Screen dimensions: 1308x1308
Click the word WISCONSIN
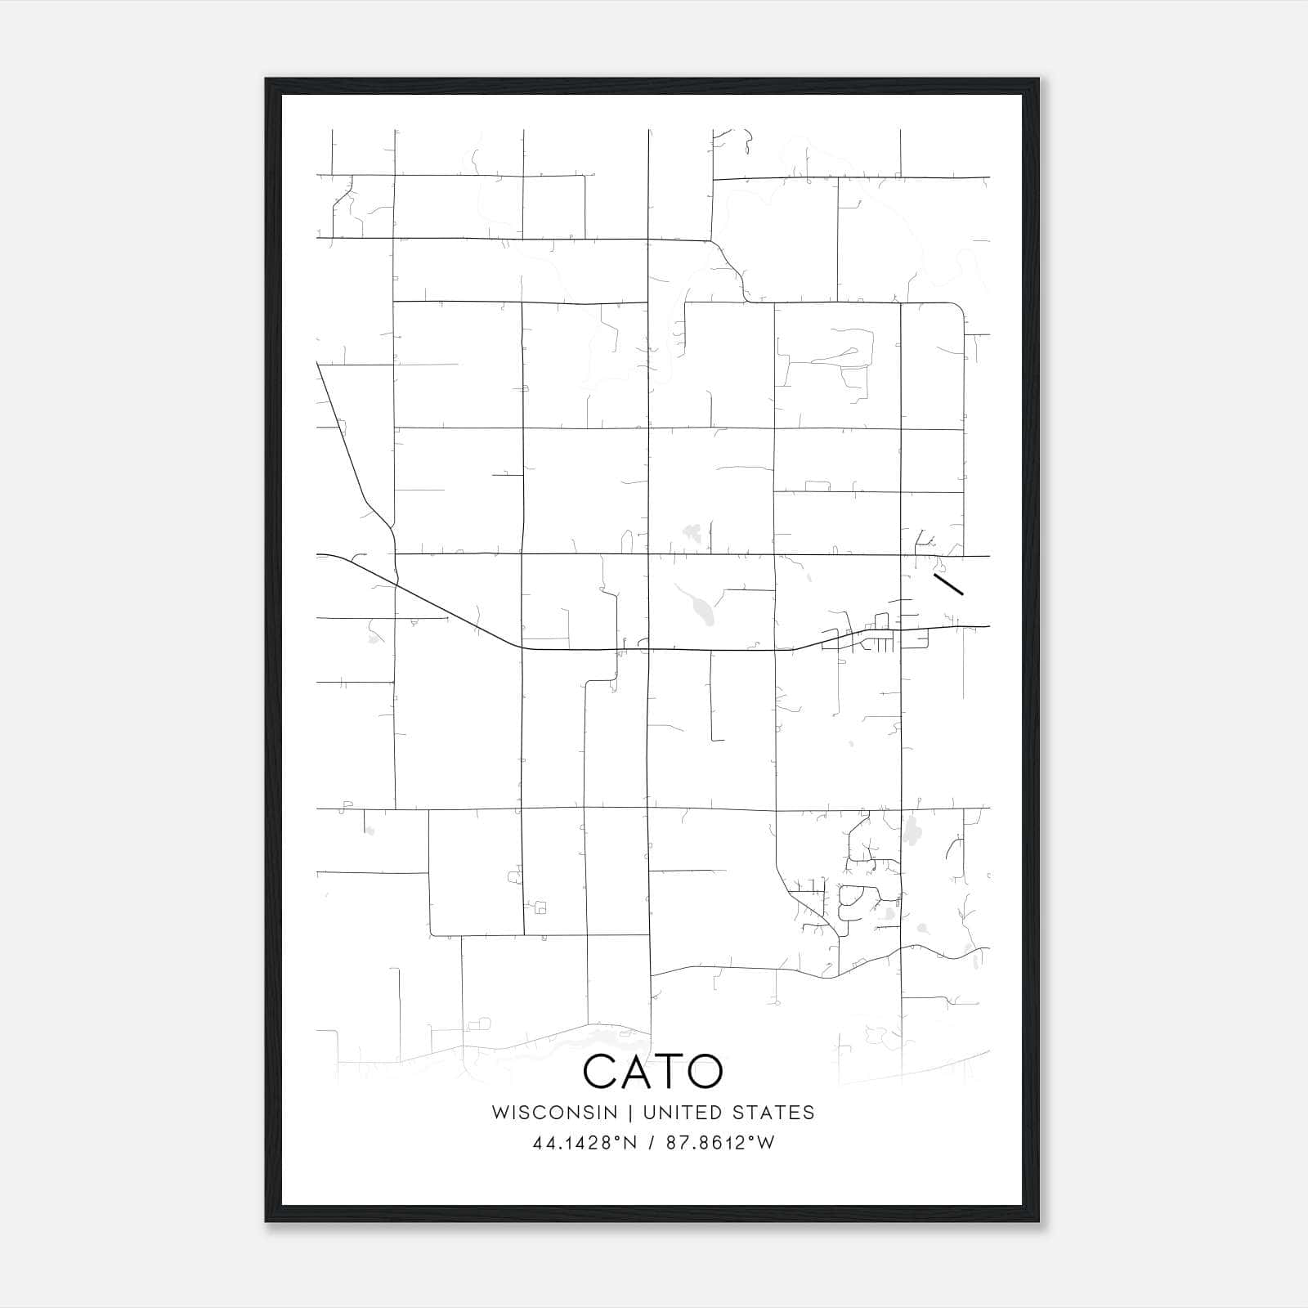pos(554,1113)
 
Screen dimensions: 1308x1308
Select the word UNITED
pos(679,1113)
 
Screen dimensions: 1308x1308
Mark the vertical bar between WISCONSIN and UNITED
pos(630,1113)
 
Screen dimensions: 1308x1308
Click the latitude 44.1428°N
pos(585,1143)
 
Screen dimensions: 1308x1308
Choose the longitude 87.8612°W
pos(720,1143)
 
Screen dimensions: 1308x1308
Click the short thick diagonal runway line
pos(948,585)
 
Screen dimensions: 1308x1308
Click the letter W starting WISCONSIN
pos(499,1113)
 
